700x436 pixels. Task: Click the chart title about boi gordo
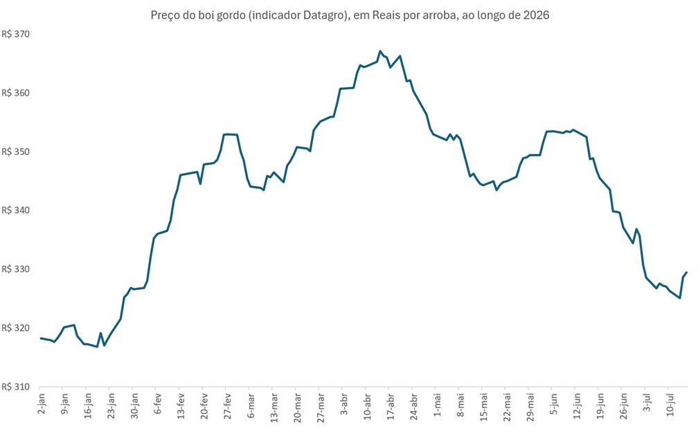coord(350,15)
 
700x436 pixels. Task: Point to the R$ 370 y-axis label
coord(16,35)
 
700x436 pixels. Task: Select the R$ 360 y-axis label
coord(16,93)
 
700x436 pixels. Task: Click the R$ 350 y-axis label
coord(16,152)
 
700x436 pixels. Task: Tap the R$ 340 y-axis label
coord(16,210)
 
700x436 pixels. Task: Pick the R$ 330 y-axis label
coord(16,269)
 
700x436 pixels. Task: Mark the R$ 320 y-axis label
coord(16,328)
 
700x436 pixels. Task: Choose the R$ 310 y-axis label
coord(16,387)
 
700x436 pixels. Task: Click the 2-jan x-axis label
coord(42,404)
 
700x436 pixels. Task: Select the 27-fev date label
coord(228,406)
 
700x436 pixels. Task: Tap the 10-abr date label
coord(368,406)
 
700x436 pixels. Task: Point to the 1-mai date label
coord(437,404)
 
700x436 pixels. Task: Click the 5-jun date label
coord(554,404)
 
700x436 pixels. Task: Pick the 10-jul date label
coord(670,405)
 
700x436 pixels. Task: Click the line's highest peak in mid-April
coord(380,51)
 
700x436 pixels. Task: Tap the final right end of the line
coord(687,272)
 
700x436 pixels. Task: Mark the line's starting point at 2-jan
coord(41,338)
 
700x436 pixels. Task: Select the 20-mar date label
coord(298,407)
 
